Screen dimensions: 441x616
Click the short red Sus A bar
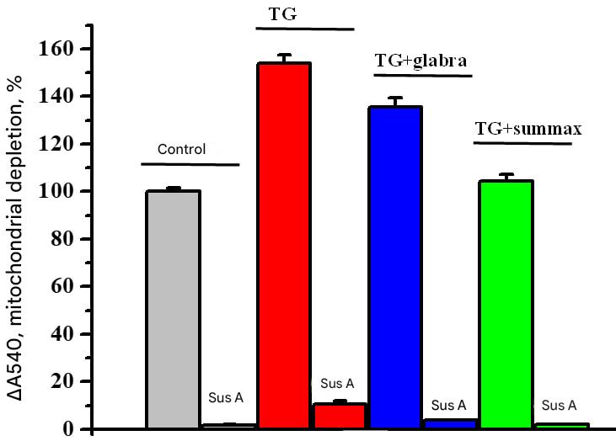tap(340, 417)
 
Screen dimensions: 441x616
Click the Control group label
tap(181, 150)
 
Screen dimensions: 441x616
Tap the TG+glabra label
tap(420, 61)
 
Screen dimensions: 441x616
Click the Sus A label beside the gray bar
tap(225, 396)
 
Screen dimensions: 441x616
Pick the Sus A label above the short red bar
tap(338, 384)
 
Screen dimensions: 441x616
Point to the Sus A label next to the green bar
tap(559, 405)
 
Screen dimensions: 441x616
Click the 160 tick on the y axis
tap(70, 49)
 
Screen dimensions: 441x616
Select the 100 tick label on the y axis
tap(70, 192)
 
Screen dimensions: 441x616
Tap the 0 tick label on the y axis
tap(79, 430)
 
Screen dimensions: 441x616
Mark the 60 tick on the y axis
tap(74, 287)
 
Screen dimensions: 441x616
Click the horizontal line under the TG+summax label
tap(522, 144)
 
